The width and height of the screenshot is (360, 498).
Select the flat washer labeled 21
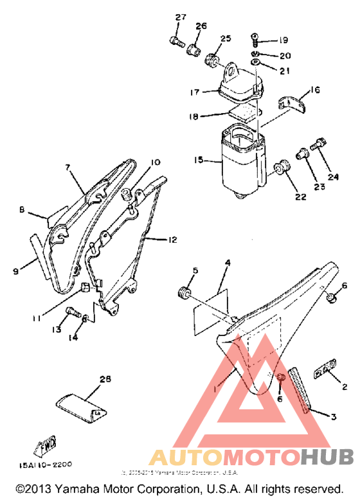coord(256,63)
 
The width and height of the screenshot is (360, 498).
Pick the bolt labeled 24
coord(317,146)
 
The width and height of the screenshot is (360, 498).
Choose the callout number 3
coord(333,416)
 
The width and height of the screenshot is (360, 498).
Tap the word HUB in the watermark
coord(327,457)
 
